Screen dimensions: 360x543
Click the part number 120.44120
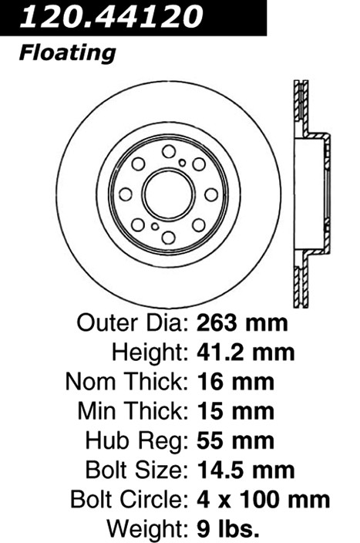point(112,16)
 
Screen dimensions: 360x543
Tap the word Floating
point(67,54)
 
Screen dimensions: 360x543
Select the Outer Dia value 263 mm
point(242,323)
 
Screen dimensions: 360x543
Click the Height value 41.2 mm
point(246,352)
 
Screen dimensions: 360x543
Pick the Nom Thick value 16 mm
point(235,382)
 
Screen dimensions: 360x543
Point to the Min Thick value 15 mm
point(235,411)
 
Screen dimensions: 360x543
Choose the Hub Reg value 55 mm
point(235,441)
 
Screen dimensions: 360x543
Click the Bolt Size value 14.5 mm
point(246,470)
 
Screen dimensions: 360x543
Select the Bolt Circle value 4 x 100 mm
point(264,500)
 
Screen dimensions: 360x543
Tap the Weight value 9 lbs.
point(227,529)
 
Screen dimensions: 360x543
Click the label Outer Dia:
point(133,323)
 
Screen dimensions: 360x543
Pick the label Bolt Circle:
point(130,500)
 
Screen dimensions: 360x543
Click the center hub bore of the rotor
point(169,194)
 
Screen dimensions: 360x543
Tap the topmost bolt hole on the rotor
point(169,151)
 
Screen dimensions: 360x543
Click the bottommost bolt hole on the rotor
point(169,238)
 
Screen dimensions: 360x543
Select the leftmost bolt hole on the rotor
point(126,194)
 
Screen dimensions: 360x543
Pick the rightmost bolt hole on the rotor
point(211,194)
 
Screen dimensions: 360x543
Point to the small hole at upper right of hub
point(183,163)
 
